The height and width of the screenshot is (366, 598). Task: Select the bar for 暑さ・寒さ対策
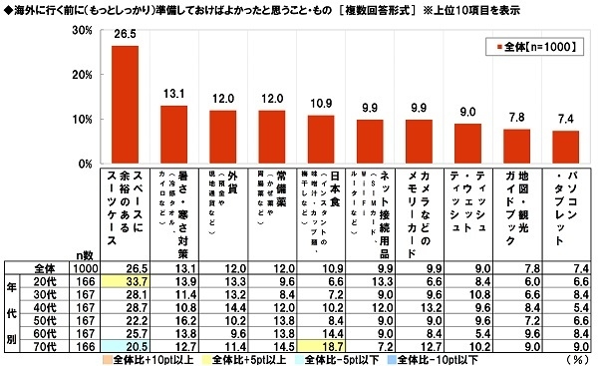173,135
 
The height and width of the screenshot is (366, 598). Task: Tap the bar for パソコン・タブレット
565,147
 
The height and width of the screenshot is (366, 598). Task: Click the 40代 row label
39,309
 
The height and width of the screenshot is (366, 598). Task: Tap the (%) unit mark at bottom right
575,358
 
